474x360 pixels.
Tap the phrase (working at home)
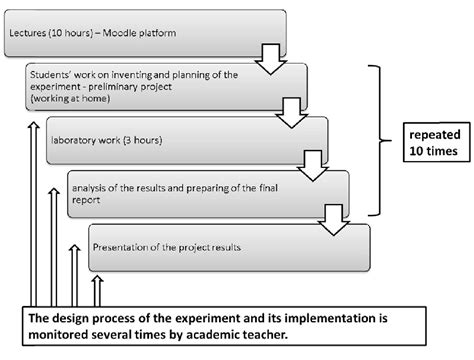(x=72, y=100)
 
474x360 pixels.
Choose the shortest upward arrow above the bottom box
(x=97, y=292)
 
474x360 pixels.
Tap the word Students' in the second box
(x=55, y=76)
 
